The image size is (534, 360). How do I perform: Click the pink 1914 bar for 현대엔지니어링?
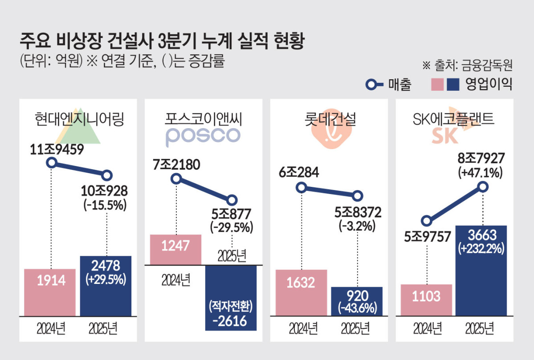click(50, 292)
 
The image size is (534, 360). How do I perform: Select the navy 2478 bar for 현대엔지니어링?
click(106, 286)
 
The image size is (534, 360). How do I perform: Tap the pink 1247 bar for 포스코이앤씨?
click(176, 249)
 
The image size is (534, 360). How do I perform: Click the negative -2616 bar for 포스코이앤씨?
click(231, 298)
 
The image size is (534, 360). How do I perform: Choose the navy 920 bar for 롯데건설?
click(357, 301)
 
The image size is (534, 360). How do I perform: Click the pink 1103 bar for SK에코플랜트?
click(427, 299)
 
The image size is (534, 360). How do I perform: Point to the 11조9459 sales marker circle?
click(52, 162)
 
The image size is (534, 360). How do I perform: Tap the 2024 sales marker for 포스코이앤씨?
click(176, 179)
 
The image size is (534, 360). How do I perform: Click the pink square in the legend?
click(438, 84)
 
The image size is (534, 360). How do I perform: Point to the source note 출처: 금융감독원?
click(468, 65)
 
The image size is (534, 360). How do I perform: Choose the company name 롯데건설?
click(328, 119)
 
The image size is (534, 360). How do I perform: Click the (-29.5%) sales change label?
click(231, 227)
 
